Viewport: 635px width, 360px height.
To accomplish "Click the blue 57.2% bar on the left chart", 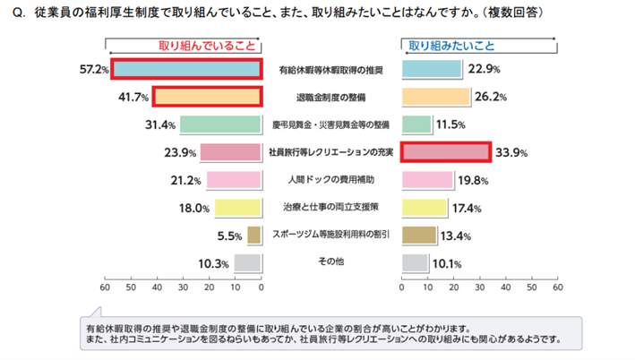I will pos(186,69).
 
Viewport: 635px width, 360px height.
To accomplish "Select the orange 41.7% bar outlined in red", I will pos(206,97).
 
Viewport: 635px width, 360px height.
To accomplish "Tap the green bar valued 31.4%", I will pos(220,124).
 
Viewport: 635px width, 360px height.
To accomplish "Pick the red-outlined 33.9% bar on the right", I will pos(446,152).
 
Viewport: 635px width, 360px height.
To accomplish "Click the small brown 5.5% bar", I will pos(254,236).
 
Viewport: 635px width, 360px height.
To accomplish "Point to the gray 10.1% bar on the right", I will pos(416,263).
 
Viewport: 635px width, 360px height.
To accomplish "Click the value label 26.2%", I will pos(488,97).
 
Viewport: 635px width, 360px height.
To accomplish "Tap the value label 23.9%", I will pos(181,152).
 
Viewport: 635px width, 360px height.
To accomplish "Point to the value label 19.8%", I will pos(471,180).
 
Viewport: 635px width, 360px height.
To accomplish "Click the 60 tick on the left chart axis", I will pos(106,288).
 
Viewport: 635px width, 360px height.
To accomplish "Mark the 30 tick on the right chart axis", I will pos(480,288).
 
